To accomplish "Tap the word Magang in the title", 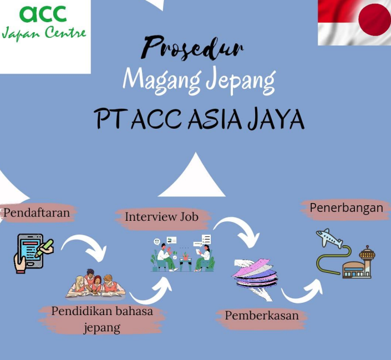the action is coord(162,80).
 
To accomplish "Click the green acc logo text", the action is coord(43,13).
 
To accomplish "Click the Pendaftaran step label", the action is coord(37,213).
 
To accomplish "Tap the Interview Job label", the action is coord(161,217).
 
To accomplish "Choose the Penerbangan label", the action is coord(346,208).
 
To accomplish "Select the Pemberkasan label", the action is coord(262,315).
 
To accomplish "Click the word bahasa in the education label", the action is coord(134,311).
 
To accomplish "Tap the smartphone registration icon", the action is coord(33,253).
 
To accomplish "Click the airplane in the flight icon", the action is coord(329,238).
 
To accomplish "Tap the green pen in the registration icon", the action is coord(44,248).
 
